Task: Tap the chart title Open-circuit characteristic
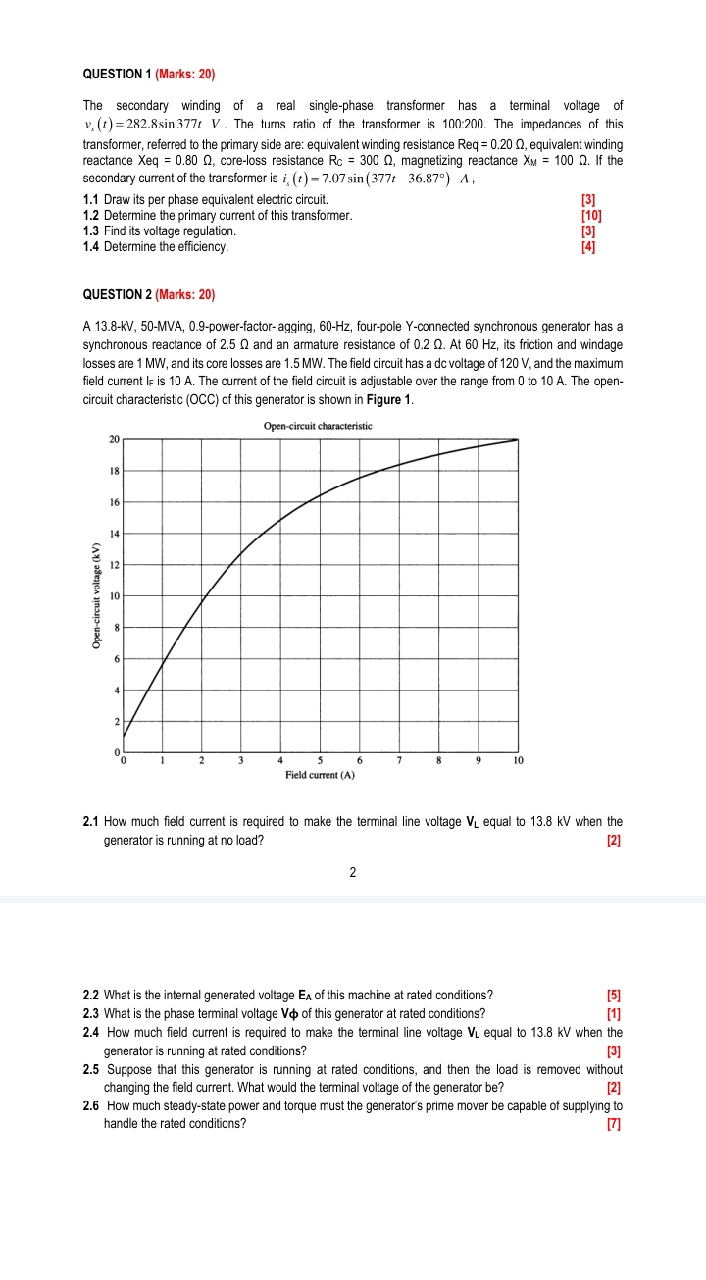click(318, 426)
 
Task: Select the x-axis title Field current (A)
click(320, 775)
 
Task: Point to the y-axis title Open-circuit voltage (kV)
click(96, 595)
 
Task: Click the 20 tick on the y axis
click(114, 439)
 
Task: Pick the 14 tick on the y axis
click(114, 534)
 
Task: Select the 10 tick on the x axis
click(519, 760)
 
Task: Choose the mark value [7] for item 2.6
click(615, 1124)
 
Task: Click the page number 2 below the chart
click(351, 871)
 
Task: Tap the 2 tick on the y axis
click(116, 722)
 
